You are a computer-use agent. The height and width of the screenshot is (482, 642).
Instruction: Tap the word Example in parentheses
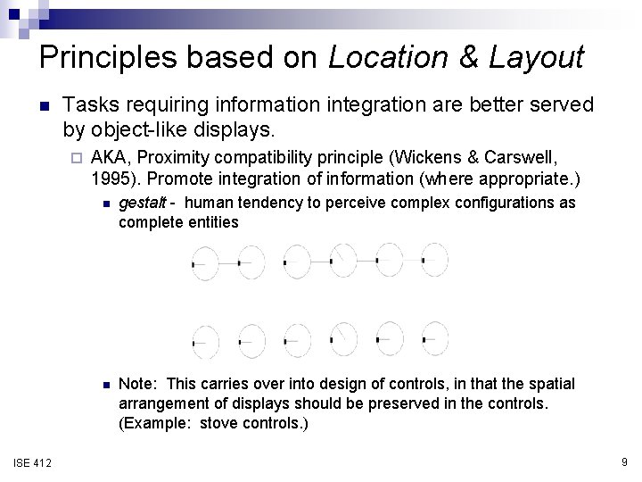point(152,423)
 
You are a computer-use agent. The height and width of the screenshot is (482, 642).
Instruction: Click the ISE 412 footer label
point(32,461)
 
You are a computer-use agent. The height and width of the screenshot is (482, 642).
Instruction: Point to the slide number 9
point(624,461)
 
